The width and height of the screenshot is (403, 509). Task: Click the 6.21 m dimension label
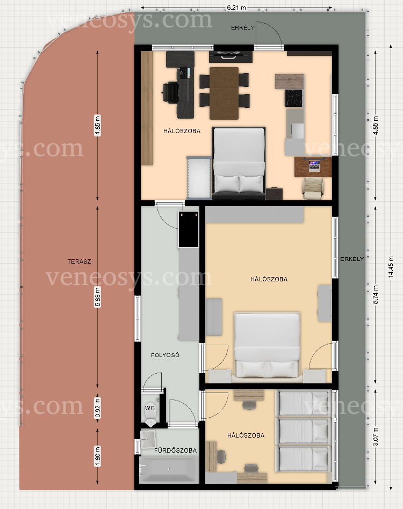point(236,8)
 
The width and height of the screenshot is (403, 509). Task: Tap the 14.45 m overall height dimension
point(391,267)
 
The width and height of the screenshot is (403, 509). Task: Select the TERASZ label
point(79,261)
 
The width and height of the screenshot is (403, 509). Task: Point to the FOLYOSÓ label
point(165,355)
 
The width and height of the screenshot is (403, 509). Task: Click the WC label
point(150,408)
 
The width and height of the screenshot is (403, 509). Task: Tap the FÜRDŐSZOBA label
point(175,450)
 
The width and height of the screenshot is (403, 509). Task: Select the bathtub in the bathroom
point(169,469)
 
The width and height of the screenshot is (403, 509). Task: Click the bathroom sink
point(148,439)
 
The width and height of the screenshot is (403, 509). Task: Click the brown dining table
point(224,93)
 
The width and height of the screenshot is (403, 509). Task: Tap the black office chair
point(170,93)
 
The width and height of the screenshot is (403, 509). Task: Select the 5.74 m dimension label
point(376,295)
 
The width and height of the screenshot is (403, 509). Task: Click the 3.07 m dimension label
point(376,437)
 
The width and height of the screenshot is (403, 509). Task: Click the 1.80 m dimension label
point(97,456)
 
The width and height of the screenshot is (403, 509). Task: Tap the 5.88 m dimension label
point(97,296)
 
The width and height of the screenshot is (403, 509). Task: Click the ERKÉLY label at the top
point(242,28)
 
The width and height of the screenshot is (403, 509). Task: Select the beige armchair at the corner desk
point(313,188)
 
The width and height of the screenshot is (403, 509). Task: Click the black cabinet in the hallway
point(189,229)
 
